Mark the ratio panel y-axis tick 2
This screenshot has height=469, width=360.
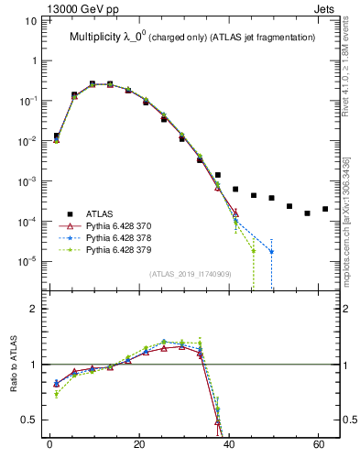point(34,309)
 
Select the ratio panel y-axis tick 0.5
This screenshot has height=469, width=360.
point(29,420)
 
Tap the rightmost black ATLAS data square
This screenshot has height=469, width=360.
point(325,209)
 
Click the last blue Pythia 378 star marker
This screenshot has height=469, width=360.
point(271,251)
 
